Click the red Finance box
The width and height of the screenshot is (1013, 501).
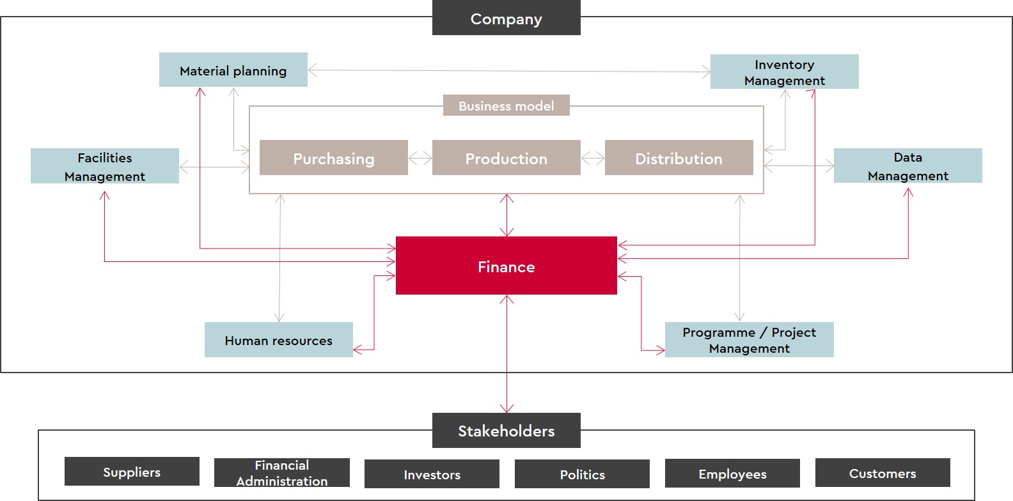pos(506,266)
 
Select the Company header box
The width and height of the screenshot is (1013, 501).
pos(506,18)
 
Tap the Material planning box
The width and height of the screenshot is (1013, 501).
pos(233,70)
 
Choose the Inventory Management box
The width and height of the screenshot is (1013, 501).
pos(784,72)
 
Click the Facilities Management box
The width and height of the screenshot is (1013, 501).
pos(104,166)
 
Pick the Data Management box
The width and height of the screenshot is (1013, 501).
pos(907,166)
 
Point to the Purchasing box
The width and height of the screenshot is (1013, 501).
pos(333,158)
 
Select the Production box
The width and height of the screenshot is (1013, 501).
pos(506,158)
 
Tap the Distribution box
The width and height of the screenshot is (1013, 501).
pos(679,158)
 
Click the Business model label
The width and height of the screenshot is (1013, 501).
pos(506,105)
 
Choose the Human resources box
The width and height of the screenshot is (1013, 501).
pos(278,340)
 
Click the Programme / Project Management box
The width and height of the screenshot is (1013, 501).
pos(749,340)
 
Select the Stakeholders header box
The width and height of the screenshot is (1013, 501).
pos(506,431)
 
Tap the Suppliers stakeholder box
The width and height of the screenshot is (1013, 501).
pos(132,472)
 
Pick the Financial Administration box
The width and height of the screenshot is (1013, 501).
pos(281,473)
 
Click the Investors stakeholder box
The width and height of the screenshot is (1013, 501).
pos(432,474)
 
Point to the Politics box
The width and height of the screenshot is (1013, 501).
pos(582,474)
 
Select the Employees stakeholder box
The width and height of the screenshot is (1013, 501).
pos(732,474)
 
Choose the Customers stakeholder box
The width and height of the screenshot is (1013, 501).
pos(883,473)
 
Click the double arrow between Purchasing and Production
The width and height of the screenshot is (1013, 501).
pos(420,158)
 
